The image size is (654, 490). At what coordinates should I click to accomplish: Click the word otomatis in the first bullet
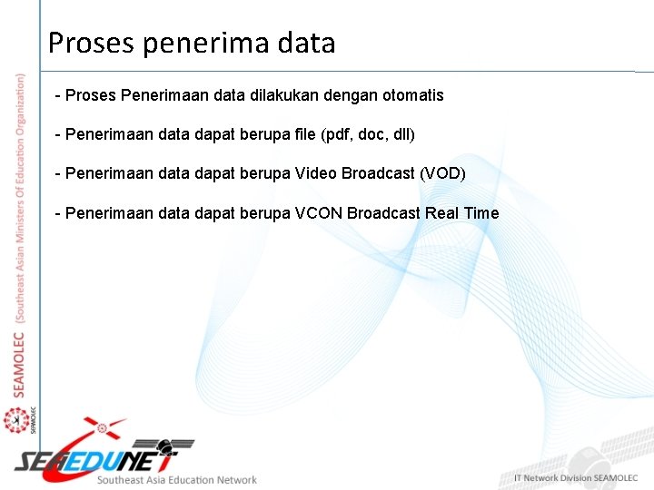[413, 95]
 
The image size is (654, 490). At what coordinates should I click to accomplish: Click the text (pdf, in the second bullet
[329, 135]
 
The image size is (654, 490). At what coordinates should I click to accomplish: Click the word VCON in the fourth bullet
[317, 213]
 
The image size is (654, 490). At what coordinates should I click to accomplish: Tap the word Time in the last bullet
[481, 213]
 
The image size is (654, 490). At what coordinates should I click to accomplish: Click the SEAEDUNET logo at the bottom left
[100, 454]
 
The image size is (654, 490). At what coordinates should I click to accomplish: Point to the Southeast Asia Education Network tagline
[177, 480]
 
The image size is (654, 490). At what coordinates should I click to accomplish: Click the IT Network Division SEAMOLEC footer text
[577, 478]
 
